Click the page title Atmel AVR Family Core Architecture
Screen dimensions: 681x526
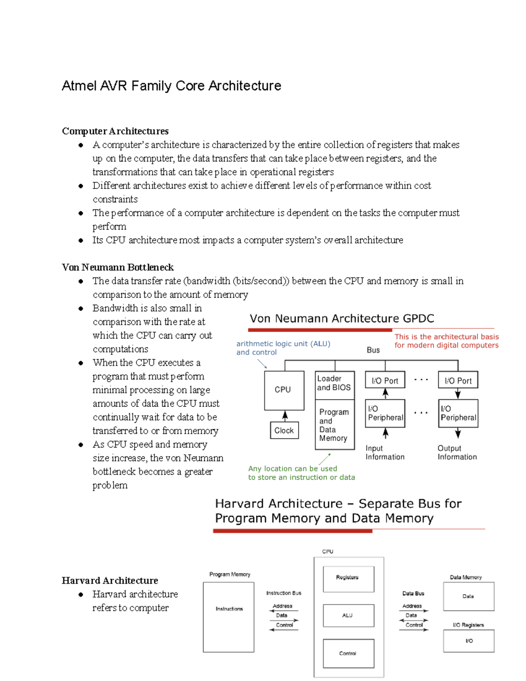pos(171,86)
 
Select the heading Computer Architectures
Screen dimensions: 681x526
pos(115,131)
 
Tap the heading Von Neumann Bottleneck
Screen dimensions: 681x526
pos(117,267)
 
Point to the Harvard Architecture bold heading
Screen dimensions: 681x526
pos(110,580)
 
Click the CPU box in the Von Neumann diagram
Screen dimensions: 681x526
pos(284,390)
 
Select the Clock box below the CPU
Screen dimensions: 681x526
pos(284,430)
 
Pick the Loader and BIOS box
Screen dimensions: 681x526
pos(334,384)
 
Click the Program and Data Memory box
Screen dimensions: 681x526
pos(334,424)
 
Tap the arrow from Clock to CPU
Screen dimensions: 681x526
pos(285,416)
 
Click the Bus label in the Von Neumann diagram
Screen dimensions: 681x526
pos(373,350)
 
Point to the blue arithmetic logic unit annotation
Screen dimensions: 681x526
pos(283,348)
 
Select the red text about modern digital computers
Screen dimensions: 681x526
pos(446,341)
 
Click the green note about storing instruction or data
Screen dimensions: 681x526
pos(301,473)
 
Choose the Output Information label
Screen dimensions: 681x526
pos(457,453)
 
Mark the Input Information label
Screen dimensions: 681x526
pos(385,453)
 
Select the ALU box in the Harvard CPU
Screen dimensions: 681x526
pos(348,615)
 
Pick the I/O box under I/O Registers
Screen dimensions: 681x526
pos(469,641)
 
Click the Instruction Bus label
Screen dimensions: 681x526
pos(284,593)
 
